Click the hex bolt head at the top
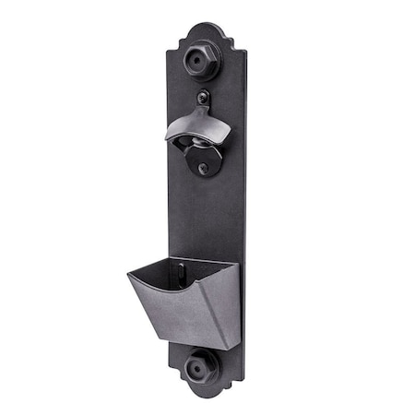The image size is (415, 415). pos(200,60)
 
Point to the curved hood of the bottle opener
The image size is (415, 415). pos(197,123)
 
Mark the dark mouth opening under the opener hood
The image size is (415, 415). pos(196,142)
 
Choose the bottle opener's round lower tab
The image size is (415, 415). pos(204,162)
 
